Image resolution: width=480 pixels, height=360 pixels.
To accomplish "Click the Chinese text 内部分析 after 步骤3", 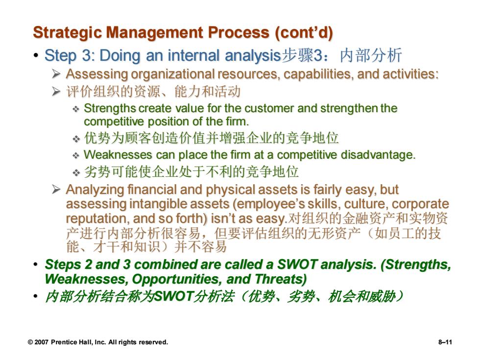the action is coord(371,55).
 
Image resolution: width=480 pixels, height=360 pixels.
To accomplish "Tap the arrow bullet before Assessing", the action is coord(56,74).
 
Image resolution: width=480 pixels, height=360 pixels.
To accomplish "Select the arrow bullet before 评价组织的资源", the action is coord(56,91).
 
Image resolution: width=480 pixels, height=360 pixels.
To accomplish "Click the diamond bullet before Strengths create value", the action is coord(75,109).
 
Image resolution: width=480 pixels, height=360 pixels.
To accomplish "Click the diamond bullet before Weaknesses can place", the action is coord(75,156).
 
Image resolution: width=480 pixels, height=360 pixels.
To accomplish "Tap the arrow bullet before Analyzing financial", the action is coord(56,190).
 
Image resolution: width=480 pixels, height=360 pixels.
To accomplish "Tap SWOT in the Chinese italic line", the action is coord(173,296).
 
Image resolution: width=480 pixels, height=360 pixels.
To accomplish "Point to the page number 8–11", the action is coord(445,342).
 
